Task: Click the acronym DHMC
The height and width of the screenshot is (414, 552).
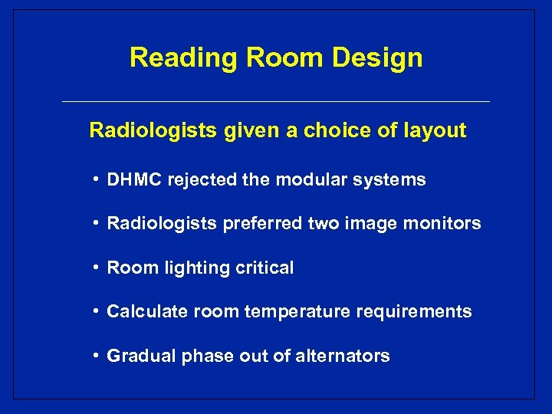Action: tap(132, 180)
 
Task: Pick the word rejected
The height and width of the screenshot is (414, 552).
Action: tap(199, 180)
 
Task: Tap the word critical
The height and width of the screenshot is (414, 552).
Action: tap(264, 268)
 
